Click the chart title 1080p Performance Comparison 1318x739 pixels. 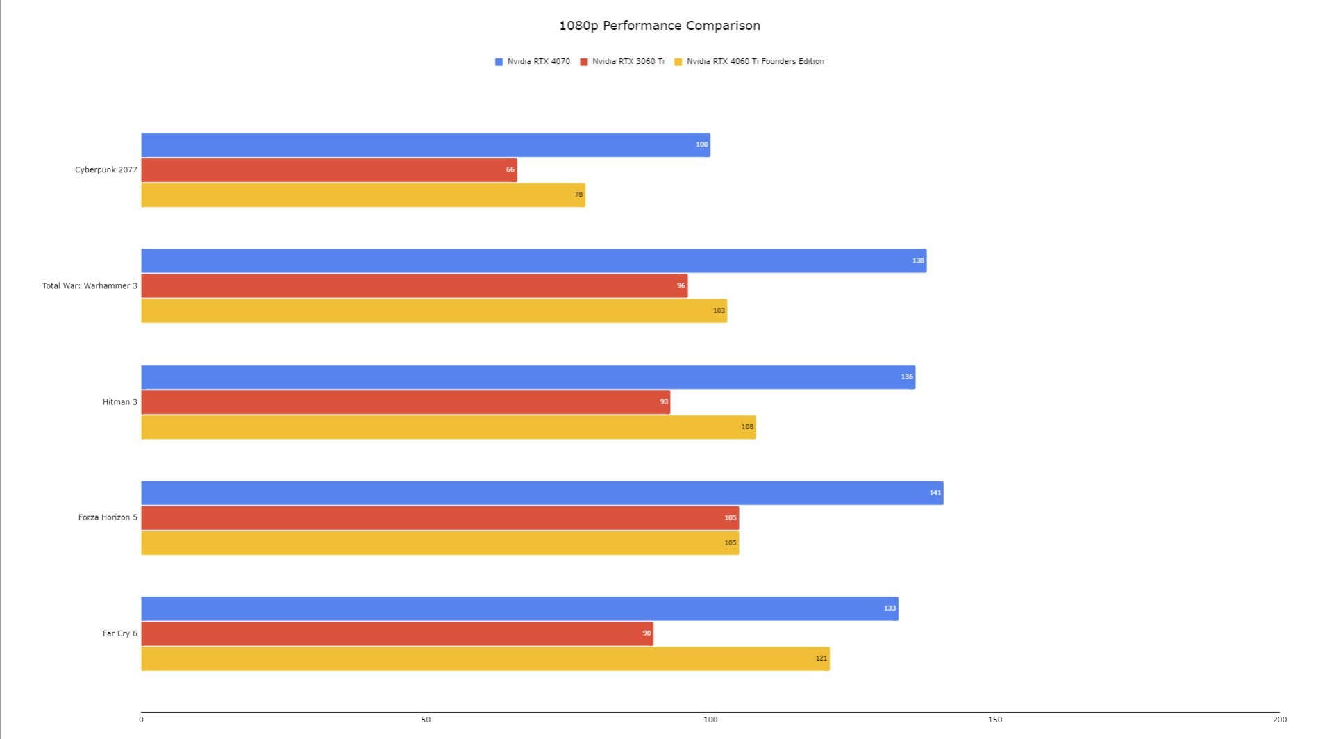coord(659,26)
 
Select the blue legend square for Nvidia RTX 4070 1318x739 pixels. coord(499,62)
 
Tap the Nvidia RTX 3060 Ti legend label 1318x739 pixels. coord(628,61)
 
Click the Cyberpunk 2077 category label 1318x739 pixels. coord(106,169)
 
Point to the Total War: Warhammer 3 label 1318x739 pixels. coord(90,285)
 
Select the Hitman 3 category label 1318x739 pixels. coord(119,401)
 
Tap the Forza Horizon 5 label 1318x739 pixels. coord(108,517)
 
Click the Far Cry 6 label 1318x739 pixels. coord(119,633)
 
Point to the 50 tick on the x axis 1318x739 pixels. coord(426,720)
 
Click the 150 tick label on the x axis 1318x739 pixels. coord(995,720)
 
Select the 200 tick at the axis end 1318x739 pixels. coord(1279,720)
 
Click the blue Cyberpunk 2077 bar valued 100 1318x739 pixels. coord(425,145)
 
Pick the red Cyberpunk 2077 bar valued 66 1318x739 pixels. coord(328,170)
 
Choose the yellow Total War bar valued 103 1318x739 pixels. coord(434,310)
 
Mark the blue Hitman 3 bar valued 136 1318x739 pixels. coord(528,377)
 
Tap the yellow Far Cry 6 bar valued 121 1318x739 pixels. coord(485,658)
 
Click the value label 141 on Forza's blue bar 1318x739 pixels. coord(935,493)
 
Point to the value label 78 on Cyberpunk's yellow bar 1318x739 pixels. coord(578,195)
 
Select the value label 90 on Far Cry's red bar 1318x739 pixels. coord(647,633)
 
